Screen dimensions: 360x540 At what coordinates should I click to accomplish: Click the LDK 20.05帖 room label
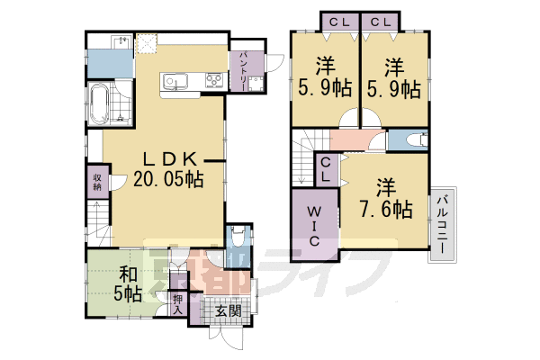[x=167, y=166]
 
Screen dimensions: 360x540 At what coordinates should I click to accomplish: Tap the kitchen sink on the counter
[x=175, y=84]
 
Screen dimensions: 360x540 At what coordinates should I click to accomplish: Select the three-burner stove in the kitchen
[x=214, y=84]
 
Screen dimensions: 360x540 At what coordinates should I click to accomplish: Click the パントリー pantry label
[x=244, y=67]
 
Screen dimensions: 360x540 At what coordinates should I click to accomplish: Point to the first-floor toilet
[x=236, y=238]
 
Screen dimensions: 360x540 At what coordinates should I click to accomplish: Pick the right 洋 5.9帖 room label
[x=394, y=78]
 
